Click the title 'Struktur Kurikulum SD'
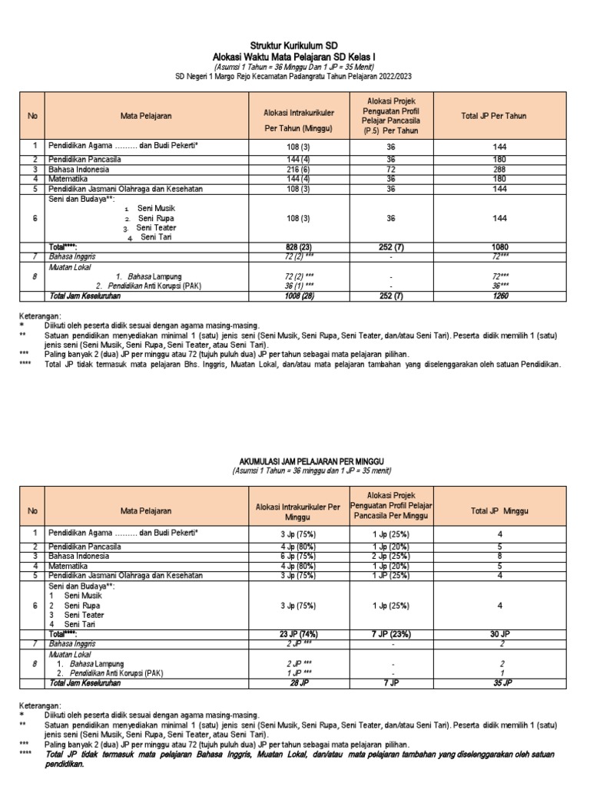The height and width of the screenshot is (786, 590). pos(295,46)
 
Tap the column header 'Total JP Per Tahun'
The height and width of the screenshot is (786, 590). pos(500,115)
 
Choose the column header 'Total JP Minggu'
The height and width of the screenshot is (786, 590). pos(500,510)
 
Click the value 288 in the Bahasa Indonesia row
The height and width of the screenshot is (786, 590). pos(500,169)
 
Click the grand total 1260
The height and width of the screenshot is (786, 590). pos(500,295)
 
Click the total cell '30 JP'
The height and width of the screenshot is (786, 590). pos(500,634)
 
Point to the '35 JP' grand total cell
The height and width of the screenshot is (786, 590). pos(500,682)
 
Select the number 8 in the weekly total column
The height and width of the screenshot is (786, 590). pos(500,556)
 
